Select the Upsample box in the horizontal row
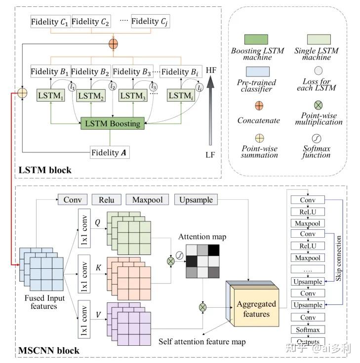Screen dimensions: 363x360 coord(197,200)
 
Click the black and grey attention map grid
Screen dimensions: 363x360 coord(203,261)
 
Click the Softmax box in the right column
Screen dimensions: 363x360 coord(308,329)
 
